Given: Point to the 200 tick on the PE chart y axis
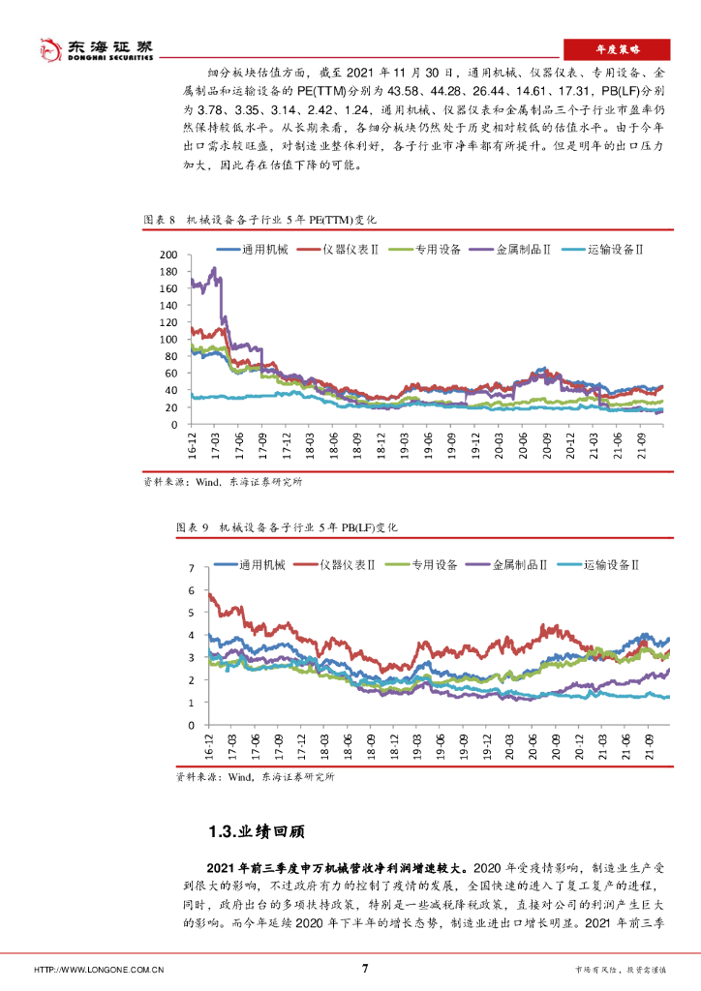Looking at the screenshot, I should pos(168,255).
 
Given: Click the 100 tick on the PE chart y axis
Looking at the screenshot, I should pos(168,340).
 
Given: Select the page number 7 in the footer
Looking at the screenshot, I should pos(364,968).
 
